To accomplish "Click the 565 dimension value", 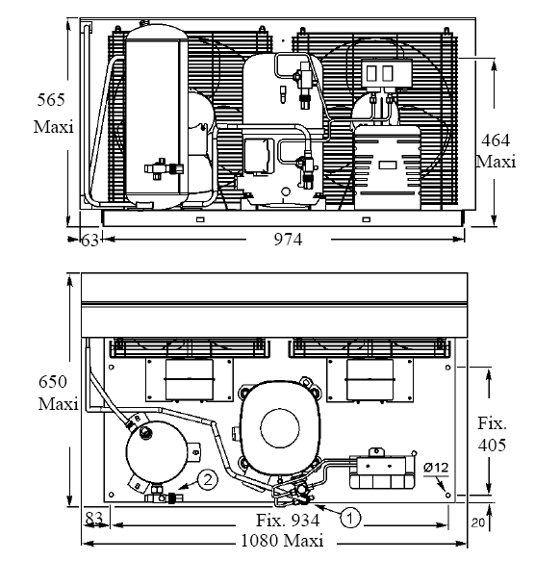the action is point(51,100).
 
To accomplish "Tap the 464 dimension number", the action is point(496,140).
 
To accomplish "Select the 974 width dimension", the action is point(288,240).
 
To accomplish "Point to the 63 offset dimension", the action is point(90,241).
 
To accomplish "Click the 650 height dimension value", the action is point(53,382).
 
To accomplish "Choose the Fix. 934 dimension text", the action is point(288,520).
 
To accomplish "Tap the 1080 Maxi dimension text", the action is point(282,541).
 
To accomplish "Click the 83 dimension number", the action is point(93,518).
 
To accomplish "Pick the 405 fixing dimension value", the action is point(492,445).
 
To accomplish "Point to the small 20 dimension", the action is point(478,522).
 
